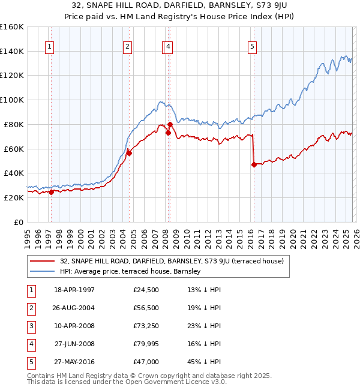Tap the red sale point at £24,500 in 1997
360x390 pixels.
(x=51, y=192)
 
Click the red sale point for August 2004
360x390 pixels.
(x=129, y=153)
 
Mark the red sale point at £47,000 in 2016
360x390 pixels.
(x=254, y=164)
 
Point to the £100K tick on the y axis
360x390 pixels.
(x=12, y=100)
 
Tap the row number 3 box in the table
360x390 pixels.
(x=30, y=326)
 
